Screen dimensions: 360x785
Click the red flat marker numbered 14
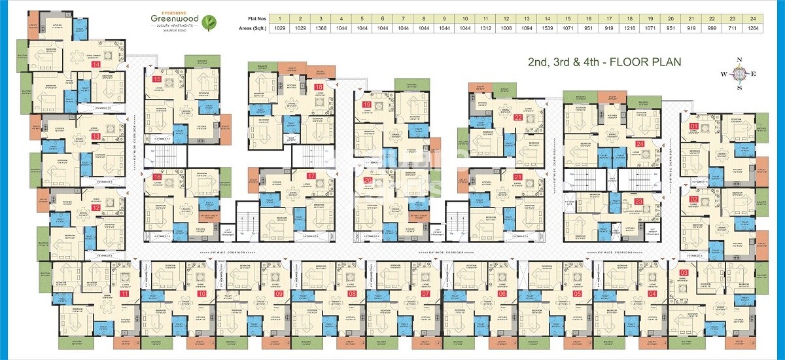pyautogui.click(x=96, y=65)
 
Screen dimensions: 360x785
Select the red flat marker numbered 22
pyautogui.click(x=518, y=118)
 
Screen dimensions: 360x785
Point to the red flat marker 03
pyautogui.click(x=684, y=272)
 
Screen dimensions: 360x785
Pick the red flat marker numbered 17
pyautogui.click(x=311, y=176)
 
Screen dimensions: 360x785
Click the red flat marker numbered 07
pyautogui.click(x=426, y=294)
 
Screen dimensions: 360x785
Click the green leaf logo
pyautogui.click(x=209, y=23)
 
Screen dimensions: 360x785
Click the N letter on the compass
pyautogui.click(x=739, y=60)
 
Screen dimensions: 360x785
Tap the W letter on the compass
pyautogui.click(x=724, y=74)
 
